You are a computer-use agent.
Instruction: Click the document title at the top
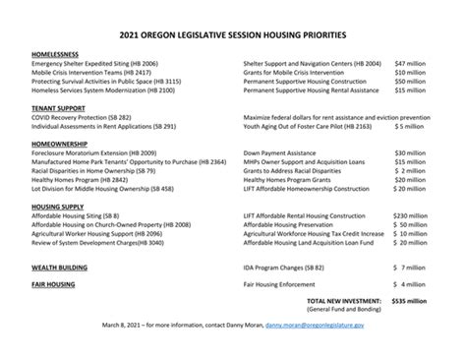[x=233, y=33]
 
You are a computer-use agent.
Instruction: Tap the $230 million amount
[x=409, y=214]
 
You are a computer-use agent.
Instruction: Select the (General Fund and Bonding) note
[x=346, y=308]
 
